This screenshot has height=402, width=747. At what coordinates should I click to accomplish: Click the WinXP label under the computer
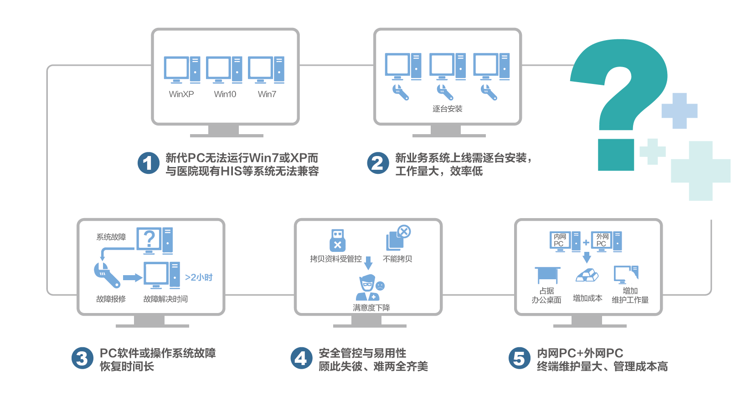click(181, 94)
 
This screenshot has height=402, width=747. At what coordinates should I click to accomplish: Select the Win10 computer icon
click(224, 69)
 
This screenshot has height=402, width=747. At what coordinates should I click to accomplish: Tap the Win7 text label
click(267, 94)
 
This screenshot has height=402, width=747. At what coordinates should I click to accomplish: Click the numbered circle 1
click(148, 163)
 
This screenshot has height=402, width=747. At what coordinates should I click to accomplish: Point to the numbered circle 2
click(378, 163)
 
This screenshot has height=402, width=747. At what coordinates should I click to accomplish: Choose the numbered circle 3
click(82, 358)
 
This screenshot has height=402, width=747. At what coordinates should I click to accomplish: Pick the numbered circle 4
click(301, 358)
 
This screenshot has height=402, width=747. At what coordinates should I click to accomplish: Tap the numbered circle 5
click(520, 358)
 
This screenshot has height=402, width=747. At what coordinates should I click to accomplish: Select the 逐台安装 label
click(447, 109)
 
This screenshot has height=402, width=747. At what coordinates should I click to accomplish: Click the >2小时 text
click(199, 277)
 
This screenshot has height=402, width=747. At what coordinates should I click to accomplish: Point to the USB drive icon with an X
click(337, 240)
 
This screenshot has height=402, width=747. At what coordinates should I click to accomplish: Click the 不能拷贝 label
click(397, 259)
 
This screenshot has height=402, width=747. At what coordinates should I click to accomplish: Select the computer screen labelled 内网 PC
click(560, 240)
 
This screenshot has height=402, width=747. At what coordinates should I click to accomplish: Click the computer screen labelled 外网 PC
click(602, 240)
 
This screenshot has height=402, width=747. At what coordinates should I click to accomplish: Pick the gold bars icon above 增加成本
click(587, 275)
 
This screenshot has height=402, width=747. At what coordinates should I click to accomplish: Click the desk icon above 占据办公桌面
click(547, 275)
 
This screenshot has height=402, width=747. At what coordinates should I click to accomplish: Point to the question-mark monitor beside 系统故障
click(149, 239)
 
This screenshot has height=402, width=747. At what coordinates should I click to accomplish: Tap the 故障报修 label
click(111, 299)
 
